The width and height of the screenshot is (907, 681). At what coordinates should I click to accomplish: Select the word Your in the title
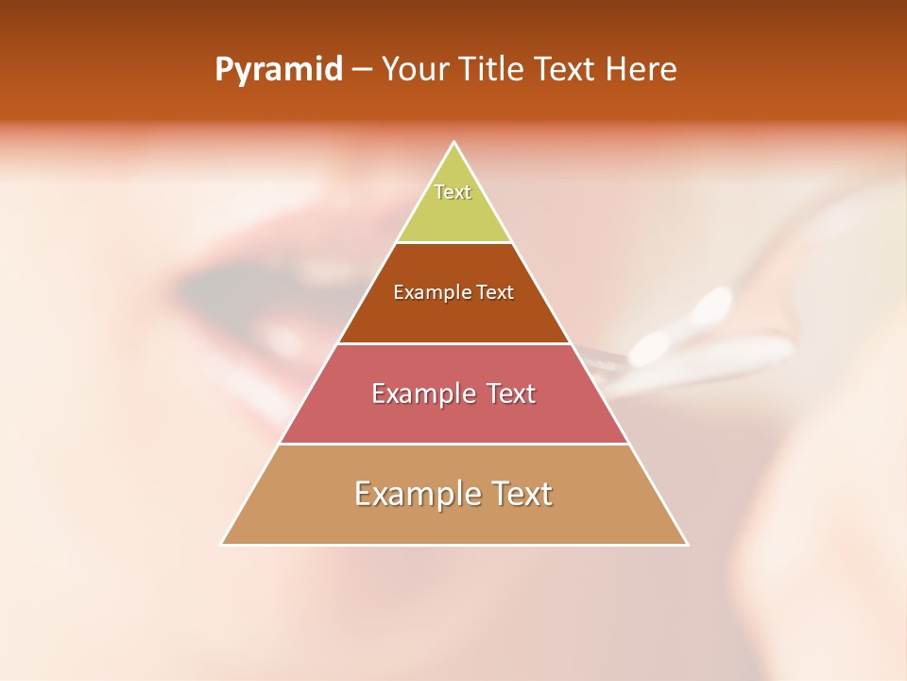coord(413,70)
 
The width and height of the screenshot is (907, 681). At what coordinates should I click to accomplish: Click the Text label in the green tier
coord(453,192)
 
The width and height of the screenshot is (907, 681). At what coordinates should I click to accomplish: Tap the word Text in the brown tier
coord(496,293)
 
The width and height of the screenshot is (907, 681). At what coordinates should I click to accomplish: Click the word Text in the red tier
coord(511,393)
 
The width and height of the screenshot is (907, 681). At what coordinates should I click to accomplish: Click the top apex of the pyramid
coord(454,143)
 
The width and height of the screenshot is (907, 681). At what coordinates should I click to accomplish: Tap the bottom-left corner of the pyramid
coord(222,544)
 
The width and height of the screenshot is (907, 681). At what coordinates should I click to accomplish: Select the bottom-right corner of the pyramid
coord(686,544)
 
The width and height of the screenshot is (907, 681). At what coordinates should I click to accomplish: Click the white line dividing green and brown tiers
coord(454,243)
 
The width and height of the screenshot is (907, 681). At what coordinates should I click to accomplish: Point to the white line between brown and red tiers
coord(454,343)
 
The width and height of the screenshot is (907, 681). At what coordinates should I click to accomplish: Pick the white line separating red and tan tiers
coord(454,444)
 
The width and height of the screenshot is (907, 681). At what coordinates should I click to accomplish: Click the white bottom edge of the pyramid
coord(454,545)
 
